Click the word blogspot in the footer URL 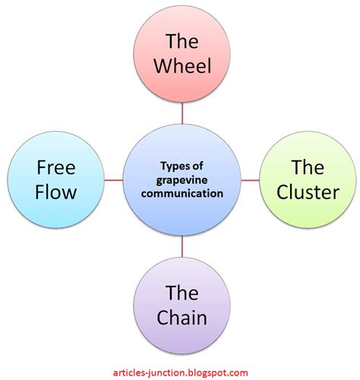point(213,372)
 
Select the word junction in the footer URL point(168,372)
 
